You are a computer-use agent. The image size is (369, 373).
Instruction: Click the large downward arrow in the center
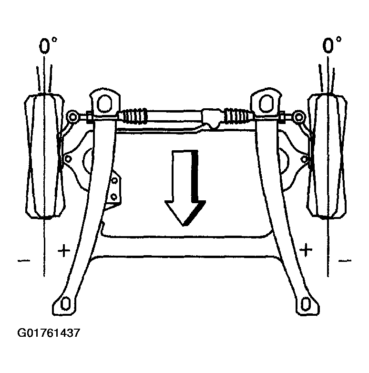click(x=185, y=188)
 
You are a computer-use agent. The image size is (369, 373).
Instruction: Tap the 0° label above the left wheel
click(x=48, y=45)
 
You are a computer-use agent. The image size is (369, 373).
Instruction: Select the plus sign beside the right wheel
click(x=306, y=250)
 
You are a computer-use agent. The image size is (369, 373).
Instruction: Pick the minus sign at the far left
click(x=24, y=261)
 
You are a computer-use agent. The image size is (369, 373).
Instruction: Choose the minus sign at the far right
click(x=345, y=261)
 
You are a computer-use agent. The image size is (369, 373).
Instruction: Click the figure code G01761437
click(x=49, y=333)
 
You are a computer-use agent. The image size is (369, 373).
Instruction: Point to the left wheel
click(x=45, y=156)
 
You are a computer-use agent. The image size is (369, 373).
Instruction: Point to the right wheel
click(x=327, y=156)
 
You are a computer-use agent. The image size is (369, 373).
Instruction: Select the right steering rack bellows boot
click(x=238, y=116)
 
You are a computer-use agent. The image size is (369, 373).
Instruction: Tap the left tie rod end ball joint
click(x=73, y=116)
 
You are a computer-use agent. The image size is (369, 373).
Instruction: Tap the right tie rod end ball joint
click(x=298, y=116)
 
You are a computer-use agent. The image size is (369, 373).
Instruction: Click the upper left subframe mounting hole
click(x=104, y=103)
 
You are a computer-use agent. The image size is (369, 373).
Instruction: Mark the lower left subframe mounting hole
click(x=65, y=304)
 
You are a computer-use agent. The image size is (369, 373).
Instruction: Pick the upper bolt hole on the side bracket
click(x=114, y=181)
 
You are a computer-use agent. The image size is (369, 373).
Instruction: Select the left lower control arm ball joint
click(x=68, y=158)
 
